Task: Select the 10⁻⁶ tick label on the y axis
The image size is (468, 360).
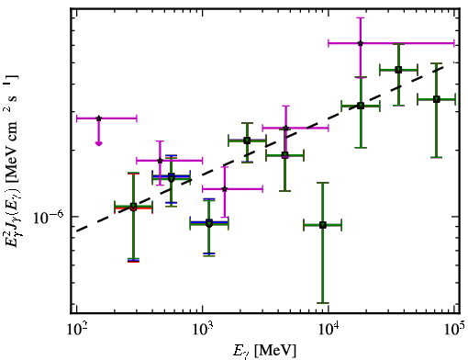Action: point(49,218)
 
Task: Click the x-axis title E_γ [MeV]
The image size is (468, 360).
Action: point(264,351)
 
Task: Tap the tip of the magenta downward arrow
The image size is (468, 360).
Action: point(98,144)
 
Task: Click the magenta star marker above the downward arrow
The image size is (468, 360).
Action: point(98,118)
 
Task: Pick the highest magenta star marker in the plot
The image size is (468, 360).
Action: point(361,43)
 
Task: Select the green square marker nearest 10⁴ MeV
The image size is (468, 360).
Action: point(322,225)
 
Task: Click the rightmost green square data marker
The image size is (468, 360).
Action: point(437,99)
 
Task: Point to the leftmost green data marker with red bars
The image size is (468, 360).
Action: point(133,207)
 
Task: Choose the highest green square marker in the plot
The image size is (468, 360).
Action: point(398,70)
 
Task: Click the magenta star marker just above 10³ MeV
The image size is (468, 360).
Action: point(225,189)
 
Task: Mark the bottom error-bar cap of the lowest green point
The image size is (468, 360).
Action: point(322,303)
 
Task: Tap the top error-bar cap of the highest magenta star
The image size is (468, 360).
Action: point(361,17)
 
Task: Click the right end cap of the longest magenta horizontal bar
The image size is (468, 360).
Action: point(454,43)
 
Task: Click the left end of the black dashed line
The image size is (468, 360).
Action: point(77,231)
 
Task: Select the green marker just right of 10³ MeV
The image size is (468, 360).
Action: point(209,223)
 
